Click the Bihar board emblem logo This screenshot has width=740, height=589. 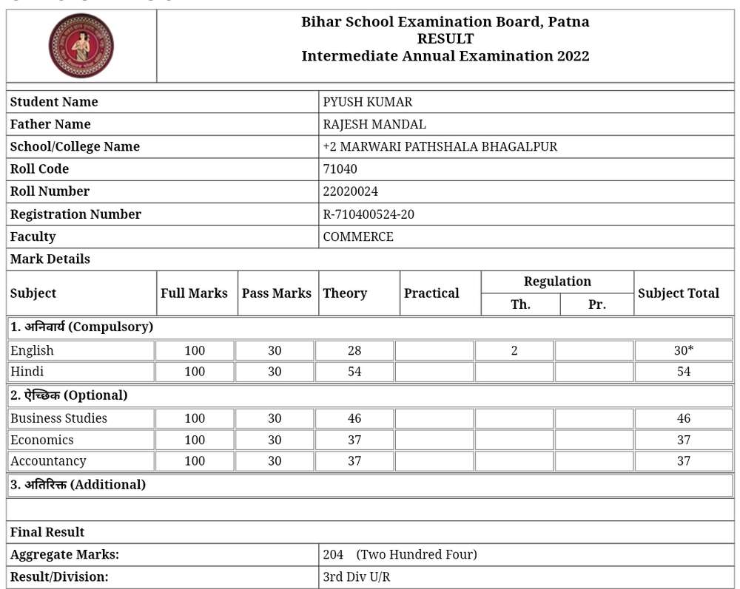[x=81, y=46]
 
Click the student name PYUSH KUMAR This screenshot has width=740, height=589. [x=367, y=102]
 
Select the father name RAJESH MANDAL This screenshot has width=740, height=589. [x=374, y=124]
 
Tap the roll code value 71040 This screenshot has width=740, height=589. [x=340, y=168]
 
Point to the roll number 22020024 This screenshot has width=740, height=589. [x=350, y=191]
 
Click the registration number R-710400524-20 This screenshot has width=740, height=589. [x=369, y=214]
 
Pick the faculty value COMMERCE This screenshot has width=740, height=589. [x=358, y=236]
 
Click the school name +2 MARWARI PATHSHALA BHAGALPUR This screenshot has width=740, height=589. [x=440, y=146]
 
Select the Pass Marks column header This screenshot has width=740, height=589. [x=276, y=293]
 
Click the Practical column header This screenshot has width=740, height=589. [x=431, y=293]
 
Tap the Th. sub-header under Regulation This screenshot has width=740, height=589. [x=520, y=304]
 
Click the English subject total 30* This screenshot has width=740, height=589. [x=683, y=351]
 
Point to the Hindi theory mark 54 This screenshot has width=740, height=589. [x=354, y=372]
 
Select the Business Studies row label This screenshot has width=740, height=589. [x=58, y=418]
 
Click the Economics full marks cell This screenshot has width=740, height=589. [x=195, y=440]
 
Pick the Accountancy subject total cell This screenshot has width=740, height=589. [x=683, y=461]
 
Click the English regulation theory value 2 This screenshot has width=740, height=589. [x=514, y=351]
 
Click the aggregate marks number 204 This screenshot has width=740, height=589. [x=333, y=554]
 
